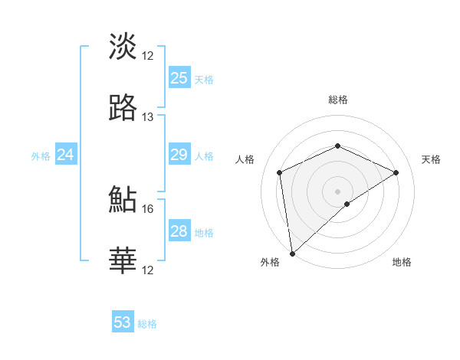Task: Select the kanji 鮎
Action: (123, 198)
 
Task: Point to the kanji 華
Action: (123, 260)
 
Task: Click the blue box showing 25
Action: (179, 77)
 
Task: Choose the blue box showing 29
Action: (179, 155)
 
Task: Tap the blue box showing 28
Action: (179, 231)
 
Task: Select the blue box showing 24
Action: (66, 155)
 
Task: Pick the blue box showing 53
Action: (123, 322)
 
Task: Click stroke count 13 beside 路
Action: (148, 117)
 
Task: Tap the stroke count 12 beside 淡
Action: (148, 55)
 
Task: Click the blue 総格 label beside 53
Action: (147, 324)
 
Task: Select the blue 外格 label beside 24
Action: (41, 156)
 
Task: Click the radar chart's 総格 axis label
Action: (338, 100)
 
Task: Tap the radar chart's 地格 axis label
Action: (402, 262)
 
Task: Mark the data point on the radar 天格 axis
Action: (396, 172)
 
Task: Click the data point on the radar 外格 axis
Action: (291, 254)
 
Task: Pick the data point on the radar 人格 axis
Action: (280, 172)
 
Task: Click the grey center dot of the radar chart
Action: (338, 191)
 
